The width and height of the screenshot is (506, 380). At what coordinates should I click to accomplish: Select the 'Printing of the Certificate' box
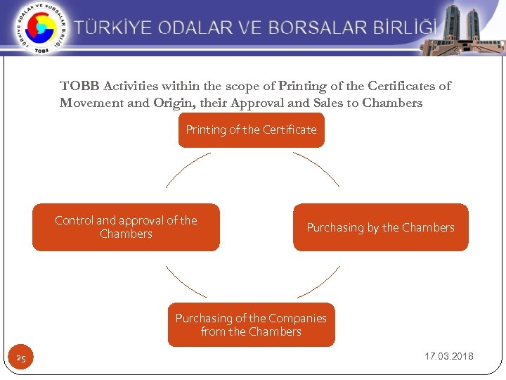[x=251, y=130]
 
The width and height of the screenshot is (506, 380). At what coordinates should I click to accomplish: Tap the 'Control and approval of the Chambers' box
[x=126, y=227]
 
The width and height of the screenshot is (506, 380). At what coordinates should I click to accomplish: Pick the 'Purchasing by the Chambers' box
[x=380, y=227]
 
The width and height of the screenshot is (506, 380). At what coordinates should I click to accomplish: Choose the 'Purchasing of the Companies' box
[x=251, y=325]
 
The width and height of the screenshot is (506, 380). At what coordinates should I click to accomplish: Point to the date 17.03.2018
[x=448, y=356]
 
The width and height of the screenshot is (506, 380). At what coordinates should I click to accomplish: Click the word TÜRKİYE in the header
[x=114, y=28]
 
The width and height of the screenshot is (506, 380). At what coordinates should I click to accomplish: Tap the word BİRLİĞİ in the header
[x=403, y=28]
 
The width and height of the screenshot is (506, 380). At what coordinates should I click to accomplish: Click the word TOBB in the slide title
[x=80, y=87]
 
